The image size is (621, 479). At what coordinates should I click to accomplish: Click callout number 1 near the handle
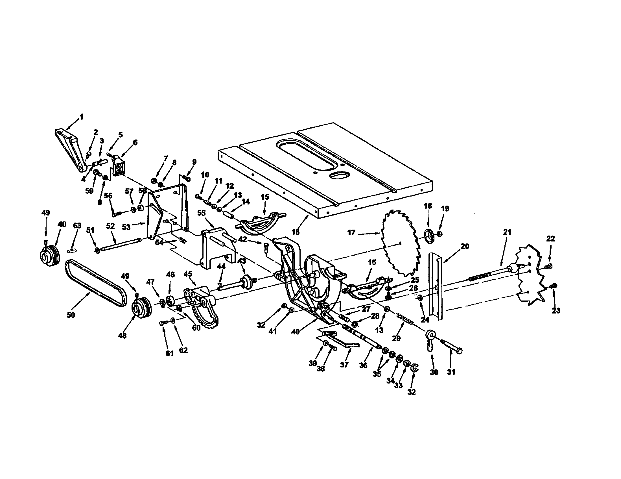[81, 117]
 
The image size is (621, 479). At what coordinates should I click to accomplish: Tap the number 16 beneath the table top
[296, 232]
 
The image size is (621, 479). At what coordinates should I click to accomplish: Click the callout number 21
[507, 232]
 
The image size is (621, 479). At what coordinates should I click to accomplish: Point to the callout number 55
[201, 213]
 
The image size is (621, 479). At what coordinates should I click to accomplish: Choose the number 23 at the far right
[556, 311]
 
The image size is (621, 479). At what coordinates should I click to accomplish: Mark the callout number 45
[188, 274]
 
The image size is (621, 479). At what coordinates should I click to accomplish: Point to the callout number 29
[396, 338]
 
